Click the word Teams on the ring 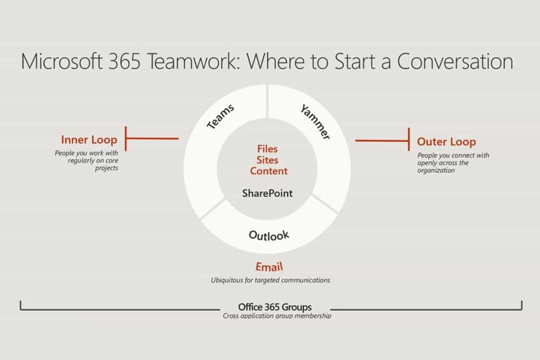point(220,116)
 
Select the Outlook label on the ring point(269,236)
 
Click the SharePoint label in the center point(267,193)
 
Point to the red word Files point(267,149)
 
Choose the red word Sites point(267,160)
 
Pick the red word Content point(268,171)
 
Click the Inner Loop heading point(89,140)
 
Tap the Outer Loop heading point(447,142)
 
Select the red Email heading point(269,267)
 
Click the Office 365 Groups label point(275,307)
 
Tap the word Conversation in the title point(455,61)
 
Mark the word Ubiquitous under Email point(227,280)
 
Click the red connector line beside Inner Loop point(152,139)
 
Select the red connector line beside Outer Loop point(383,140)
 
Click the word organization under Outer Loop point(436,170)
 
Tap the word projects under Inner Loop point(107,168)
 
